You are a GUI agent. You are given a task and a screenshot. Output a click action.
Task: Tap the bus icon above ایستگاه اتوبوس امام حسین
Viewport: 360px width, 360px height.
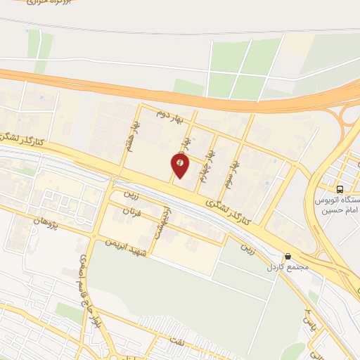pos(340,189)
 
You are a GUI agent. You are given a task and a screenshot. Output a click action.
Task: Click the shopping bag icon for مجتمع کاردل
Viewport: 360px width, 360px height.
pos(287,257)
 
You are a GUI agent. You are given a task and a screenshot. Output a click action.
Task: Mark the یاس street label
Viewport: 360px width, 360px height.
pos(307,320)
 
